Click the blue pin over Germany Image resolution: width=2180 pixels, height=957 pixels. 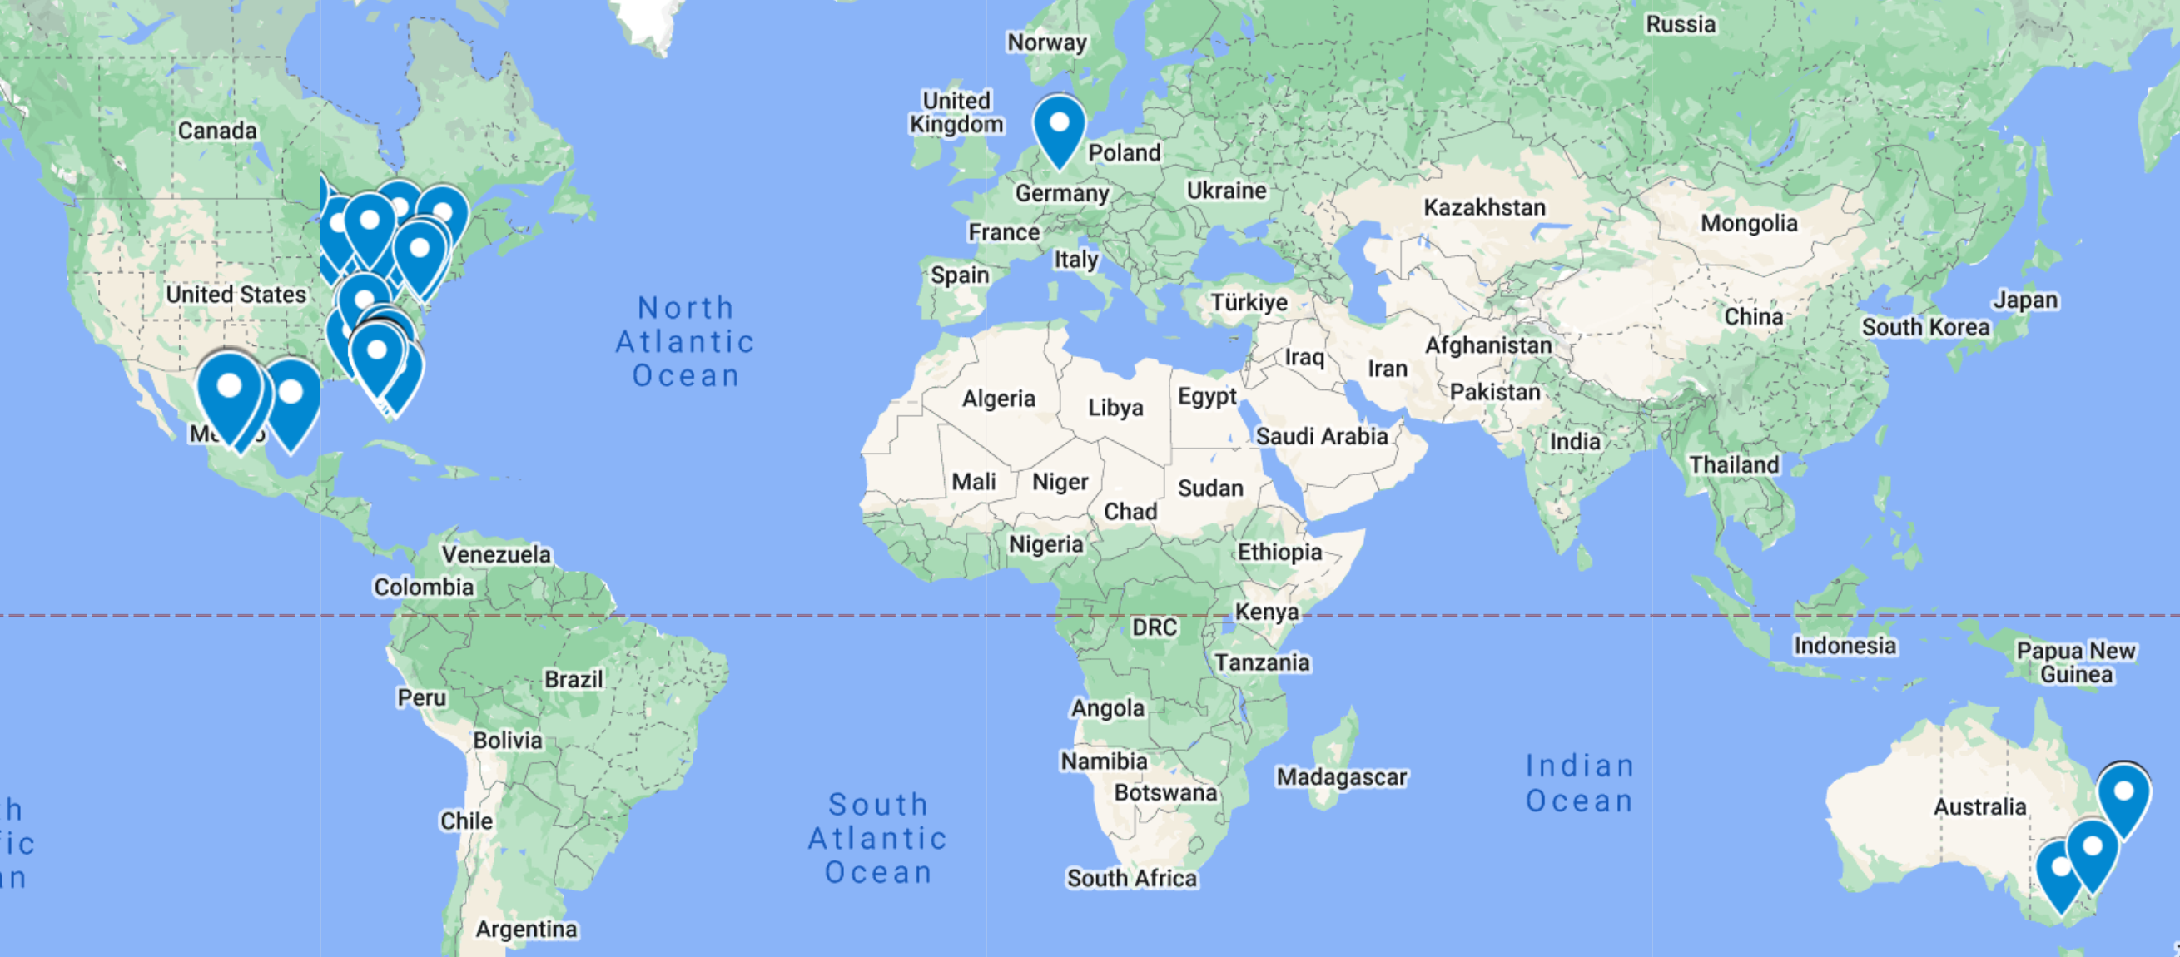(x=1059, y=129)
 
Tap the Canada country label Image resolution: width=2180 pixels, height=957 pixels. (x=216, y=131)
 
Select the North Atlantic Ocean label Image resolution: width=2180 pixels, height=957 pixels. (x=686, y=341)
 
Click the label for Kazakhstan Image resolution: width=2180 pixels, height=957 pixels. (x=1484, y=207)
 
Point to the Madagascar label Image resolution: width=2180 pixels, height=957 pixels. (x=1341, y=776)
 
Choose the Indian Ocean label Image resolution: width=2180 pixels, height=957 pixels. (x=1579, y=783)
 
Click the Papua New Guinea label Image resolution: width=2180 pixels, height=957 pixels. (x=2076, y=662)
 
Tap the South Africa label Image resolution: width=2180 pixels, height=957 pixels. (x=1131, y=878)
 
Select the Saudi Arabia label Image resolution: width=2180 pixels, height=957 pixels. (x=1321, y=436)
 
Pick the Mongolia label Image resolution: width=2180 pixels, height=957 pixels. (x=1748, y=223)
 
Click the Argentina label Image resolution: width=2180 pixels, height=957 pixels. (x=526, y=929)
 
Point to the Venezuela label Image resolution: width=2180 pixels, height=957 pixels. (x=496, y=554)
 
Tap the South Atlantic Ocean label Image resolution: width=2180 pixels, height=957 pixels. (x=877, y=838)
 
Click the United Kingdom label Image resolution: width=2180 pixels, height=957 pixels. (x=956, y=112)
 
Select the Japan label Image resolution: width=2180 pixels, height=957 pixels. (x=2025, y=300)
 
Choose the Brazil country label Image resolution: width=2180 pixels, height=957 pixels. (x=574, y=679)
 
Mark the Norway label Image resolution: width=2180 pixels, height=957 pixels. (x=1047, y=42)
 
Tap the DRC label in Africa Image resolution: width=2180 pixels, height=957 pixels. (x=1155, y=627)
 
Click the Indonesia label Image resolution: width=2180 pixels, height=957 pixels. (x=1845, y=646)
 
